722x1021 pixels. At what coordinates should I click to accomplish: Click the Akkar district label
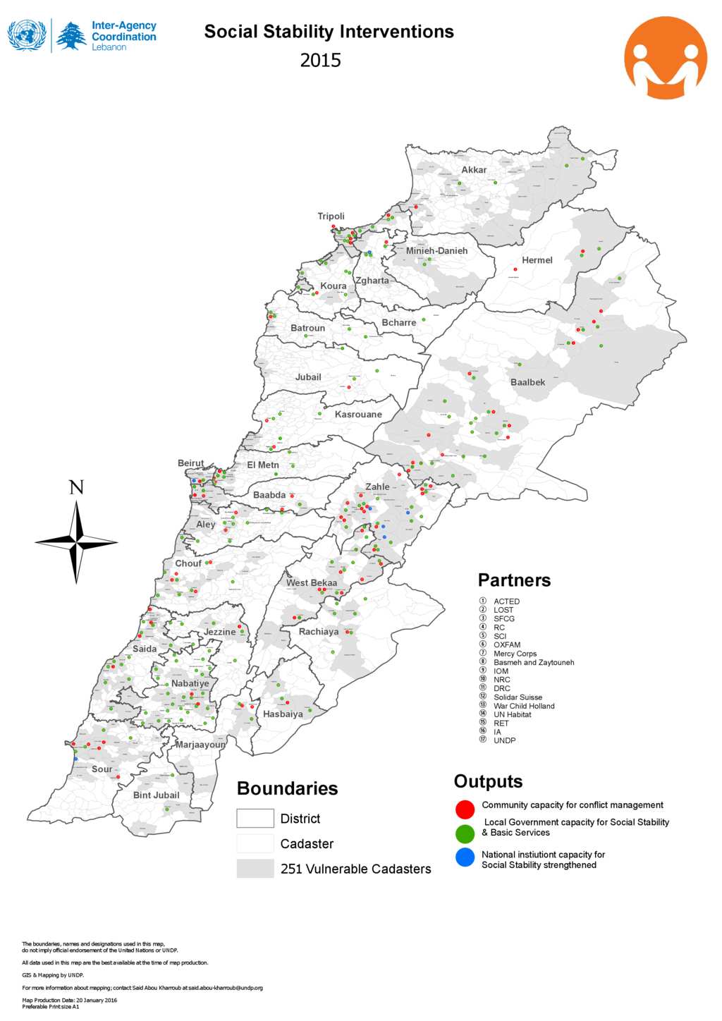pos(474,170)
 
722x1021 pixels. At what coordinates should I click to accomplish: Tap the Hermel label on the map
pos(537,260)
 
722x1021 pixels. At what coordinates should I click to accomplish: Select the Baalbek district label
pos(527,382)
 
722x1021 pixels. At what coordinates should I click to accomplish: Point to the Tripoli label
pos(331,216)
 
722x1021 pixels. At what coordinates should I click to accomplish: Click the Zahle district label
pos(377,487)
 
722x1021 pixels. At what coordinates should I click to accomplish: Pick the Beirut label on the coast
pos(190,463)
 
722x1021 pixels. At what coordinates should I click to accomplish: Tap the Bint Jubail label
pos(156,795)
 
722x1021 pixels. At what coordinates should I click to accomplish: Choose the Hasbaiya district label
pos(283,714)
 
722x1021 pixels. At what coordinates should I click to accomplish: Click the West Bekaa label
pos(311,582)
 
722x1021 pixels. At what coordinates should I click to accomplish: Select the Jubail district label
pos(307,377)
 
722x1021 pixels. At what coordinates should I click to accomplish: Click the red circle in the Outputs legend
pos(465,809)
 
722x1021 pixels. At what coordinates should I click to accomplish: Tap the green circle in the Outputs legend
pos(465,833)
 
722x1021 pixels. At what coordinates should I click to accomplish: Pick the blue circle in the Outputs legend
pos(465,857)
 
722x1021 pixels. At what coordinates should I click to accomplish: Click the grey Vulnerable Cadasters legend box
pos(255,868)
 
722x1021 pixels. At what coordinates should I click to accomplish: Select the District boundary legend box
pos(255,818)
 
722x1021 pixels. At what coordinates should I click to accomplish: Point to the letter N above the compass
pos(76,487)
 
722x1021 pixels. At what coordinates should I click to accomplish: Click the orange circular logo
pos(665,58)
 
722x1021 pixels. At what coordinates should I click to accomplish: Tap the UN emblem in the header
pos(27,35)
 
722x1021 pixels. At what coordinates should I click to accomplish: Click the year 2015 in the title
pos(320,61)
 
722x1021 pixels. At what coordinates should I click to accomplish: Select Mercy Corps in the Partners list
pos(515,654)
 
